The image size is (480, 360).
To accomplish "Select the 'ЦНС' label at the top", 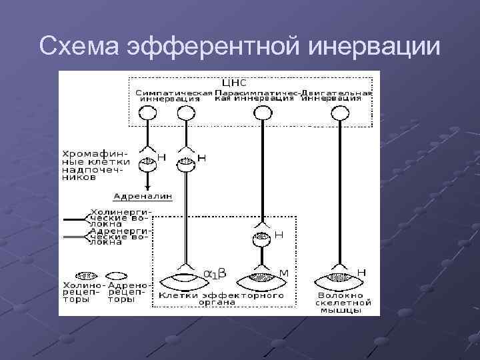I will coord(234,83).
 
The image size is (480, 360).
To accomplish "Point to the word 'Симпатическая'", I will coord(175,92).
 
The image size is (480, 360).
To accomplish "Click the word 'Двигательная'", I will coord(336,92).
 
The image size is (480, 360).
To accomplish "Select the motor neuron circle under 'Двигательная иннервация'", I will coord(341,114).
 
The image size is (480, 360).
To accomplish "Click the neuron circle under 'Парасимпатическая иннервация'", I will coord(263,114).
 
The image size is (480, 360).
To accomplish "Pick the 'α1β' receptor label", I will coord(215,273).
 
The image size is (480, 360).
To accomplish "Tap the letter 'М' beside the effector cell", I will coord(283,273).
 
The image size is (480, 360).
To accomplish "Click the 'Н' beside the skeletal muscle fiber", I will coord(361,272).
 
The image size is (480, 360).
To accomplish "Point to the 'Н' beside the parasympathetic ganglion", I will coord(279,235).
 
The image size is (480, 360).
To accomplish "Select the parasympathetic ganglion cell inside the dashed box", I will coord(262,237).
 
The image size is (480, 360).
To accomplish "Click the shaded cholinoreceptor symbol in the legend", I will coord(85,275).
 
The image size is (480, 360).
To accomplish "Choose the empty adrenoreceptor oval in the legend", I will coord(117,275).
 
